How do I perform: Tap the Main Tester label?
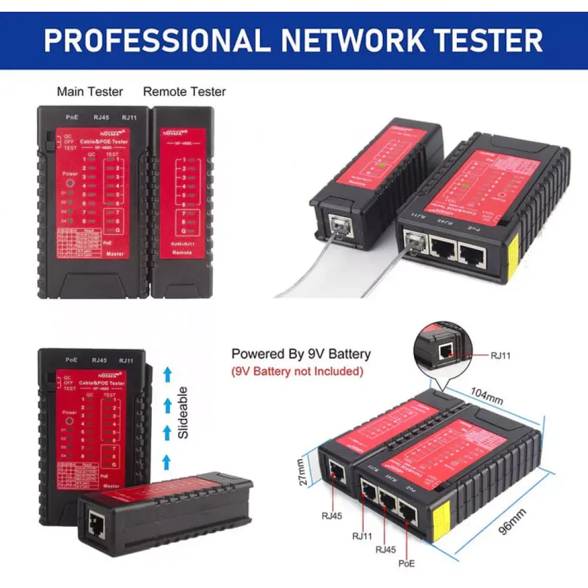90,92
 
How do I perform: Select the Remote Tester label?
184,92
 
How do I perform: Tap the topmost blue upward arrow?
167,372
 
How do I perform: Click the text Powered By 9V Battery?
301,354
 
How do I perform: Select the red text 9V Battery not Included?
297,372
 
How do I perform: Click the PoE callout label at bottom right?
406,563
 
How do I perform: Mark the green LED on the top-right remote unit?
382,166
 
